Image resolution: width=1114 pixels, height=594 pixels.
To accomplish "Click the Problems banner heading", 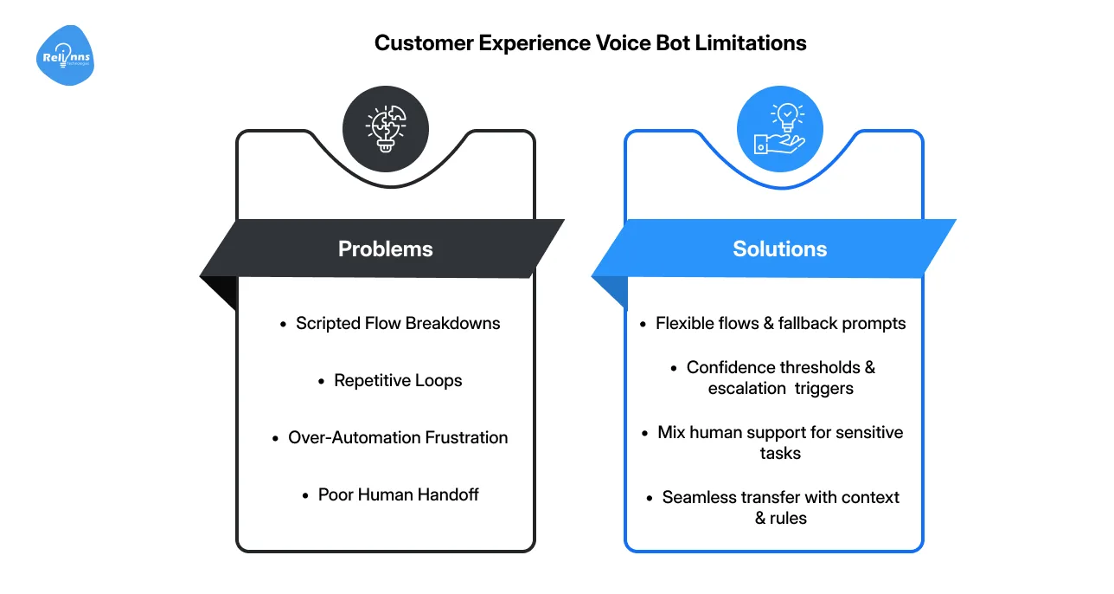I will click(x=385, y=249).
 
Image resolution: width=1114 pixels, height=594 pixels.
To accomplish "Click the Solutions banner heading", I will click(x=779, y=249).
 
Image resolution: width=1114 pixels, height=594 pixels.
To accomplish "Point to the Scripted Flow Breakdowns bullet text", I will click(x=398, y=323).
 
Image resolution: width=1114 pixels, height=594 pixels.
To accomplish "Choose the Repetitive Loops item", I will click(x=398, y=380).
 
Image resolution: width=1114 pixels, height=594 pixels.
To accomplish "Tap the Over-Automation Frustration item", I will click(x=398, y=437).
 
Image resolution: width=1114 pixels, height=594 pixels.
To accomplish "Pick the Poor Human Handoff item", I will click(x=398, y=494).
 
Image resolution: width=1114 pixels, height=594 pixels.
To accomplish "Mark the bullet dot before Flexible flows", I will click(x=643, y=324).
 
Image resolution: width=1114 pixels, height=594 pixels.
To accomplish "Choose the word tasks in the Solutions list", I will click(x=780, y=453).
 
